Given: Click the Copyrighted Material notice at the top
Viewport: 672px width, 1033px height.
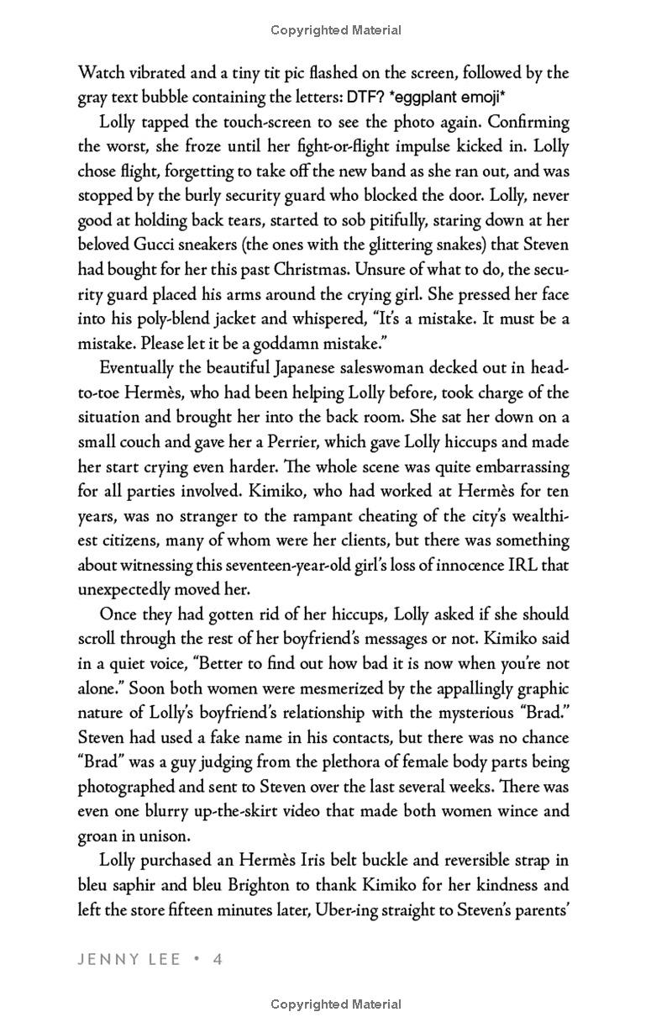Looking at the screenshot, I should pos(336,30).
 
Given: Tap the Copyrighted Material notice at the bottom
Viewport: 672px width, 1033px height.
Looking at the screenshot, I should pos(336,1004).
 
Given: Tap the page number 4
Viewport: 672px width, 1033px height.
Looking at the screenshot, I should pos(218,959).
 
